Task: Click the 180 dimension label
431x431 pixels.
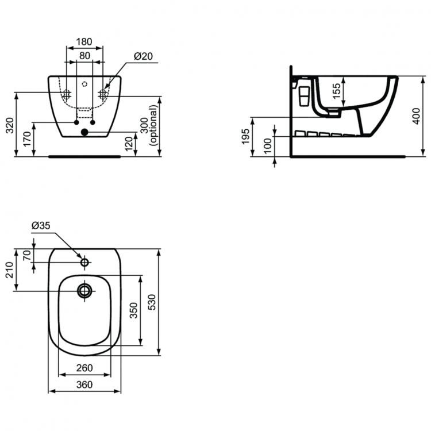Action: [x=84, y=41]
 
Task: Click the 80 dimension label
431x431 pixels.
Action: [x=84, y=55]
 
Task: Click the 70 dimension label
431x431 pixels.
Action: [x=26, y=256]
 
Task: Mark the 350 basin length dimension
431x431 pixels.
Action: [x=134, y=311]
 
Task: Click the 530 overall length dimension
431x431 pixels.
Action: [x=152, y=302]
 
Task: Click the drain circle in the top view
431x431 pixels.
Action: [x=84, y=291]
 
